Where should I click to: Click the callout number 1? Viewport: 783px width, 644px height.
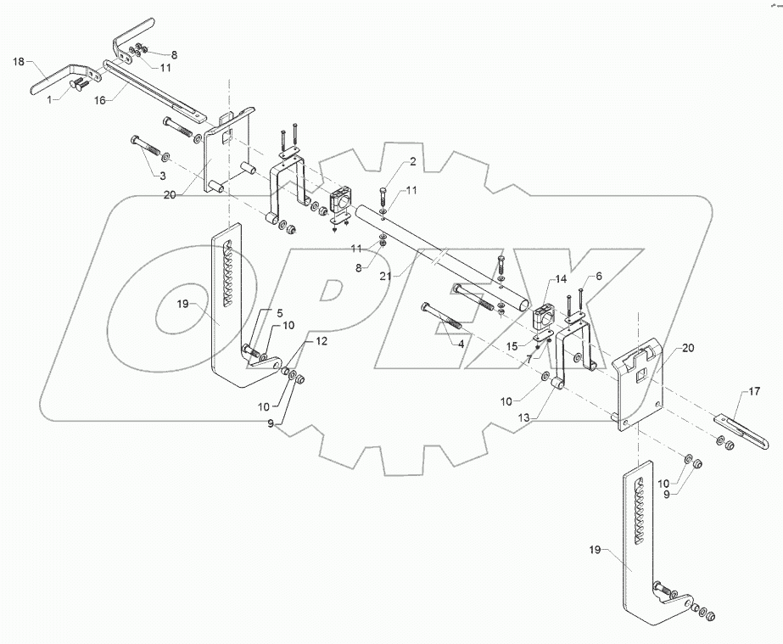pyautogui.click(x=50, y=99)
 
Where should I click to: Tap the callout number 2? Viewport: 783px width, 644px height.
pyautogui.click(x=389, y=160)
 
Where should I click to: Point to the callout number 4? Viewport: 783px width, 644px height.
pyautogui.click(x=461, y=344)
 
